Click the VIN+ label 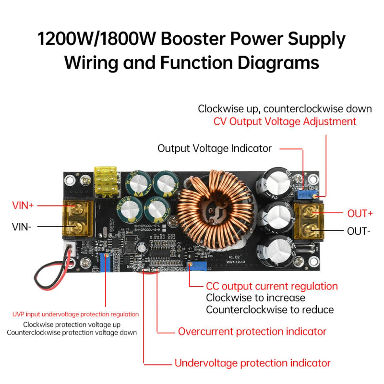(23, 205)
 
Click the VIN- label (22, 226)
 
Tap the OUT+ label (360, 213)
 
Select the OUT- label (359, 231)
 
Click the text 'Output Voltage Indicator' (215, 148)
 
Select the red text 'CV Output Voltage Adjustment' (285, 121)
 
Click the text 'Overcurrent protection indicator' (252, 331)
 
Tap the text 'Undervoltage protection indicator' (252, 363)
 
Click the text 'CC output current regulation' (272, 287)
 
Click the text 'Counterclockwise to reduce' (270, 310)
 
